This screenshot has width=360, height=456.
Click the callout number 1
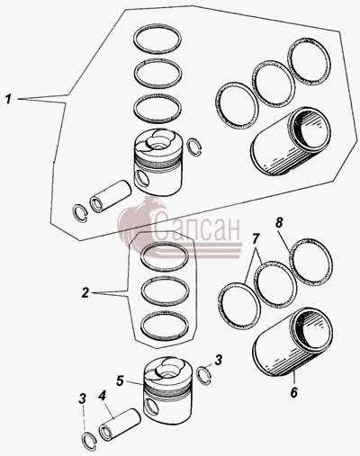(9, 99)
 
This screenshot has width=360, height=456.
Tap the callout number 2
(85, 292)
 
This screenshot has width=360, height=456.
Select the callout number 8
(279, 222)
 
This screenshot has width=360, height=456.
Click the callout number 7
(255, 239)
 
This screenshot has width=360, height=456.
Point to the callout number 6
(293, 392)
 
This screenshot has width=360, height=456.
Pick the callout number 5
(120, 380)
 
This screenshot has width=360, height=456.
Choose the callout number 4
(102, 397)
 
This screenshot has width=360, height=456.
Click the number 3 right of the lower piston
(219, 360)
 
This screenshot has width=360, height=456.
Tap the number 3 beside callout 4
(82, 398)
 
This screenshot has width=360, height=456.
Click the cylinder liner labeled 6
(292, 342)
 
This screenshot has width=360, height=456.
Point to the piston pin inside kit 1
(111, 196)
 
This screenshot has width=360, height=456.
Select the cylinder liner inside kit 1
(291, 141)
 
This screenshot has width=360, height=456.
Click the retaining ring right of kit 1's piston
(194, 148)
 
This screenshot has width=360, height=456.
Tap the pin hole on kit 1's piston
(142, 177)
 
